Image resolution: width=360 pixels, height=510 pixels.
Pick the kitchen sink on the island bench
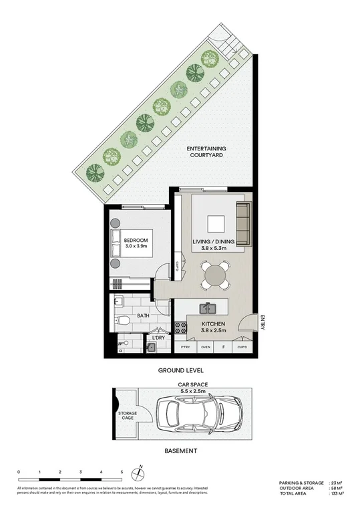[x=208, y=308]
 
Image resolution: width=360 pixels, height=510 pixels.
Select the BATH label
[x=144, y=315]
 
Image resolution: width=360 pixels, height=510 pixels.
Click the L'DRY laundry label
[x=158, y=338]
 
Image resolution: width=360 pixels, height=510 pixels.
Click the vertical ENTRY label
[x=263, y=323]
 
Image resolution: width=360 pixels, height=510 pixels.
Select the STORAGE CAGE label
[x=128, y=416]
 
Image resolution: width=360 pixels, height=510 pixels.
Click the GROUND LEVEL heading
[x=180, y=370]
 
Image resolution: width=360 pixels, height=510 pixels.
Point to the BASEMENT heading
[x=180, y=451]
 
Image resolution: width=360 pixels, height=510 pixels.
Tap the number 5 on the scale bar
[x=122, y=472]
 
